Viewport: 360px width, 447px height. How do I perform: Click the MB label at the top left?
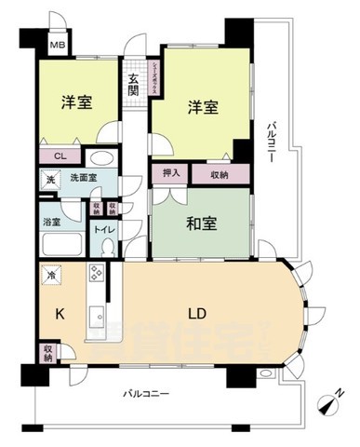pos(58,44)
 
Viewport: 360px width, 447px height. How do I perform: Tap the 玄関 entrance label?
pos(133,86)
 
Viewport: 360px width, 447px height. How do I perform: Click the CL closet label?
pos(59,156)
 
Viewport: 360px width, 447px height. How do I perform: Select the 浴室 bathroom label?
pos(53,222)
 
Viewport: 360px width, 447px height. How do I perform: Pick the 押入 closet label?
pos(170,172)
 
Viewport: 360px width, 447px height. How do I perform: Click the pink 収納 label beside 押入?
pos(220,172)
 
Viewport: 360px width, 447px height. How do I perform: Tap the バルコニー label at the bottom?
pos(147,395)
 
